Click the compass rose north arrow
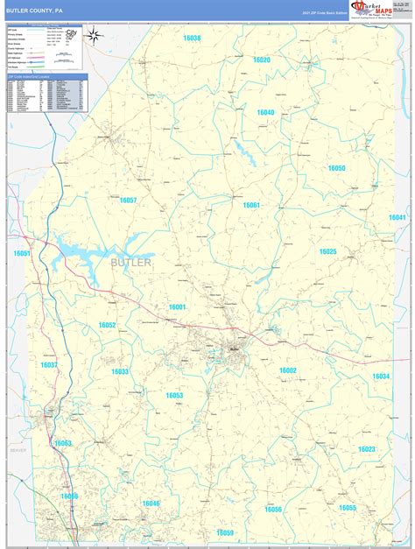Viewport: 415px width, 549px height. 96,39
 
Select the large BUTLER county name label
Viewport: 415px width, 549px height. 131,262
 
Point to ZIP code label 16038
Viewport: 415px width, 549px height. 192,39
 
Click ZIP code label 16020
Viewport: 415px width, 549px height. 262,60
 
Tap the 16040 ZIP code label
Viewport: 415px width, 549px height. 265,113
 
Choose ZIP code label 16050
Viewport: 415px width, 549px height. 337,167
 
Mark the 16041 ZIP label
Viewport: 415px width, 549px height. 397,217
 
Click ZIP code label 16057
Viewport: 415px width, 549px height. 128,201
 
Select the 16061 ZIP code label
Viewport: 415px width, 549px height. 251,205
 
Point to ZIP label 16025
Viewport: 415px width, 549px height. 327,251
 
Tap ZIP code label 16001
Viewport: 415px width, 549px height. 177,306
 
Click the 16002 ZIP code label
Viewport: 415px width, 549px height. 288,370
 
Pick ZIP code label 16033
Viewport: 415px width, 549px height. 120,371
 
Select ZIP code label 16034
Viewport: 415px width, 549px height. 381,376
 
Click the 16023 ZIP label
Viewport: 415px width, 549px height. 366,448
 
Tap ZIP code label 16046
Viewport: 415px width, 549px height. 151,503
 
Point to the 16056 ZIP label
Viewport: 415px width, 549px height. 273,509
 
